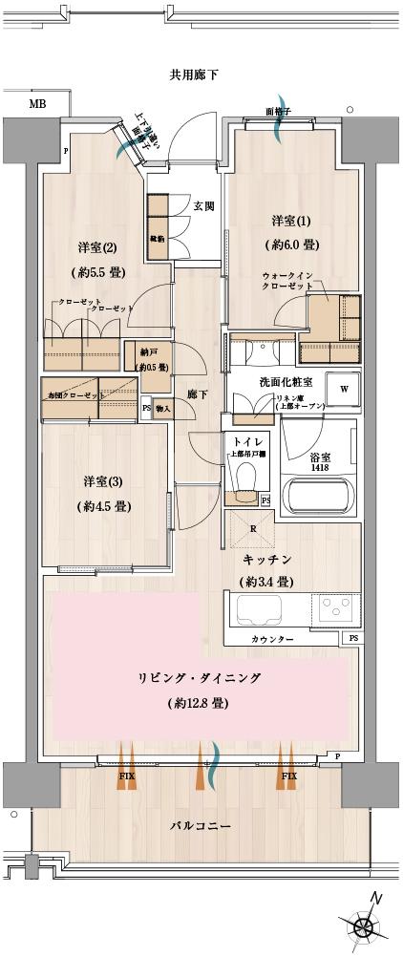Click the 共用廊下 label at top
point(195,74)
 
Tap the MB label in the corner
point(36,104)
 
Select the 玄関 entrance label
point(203,205)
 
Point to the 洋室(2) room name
point(96,248)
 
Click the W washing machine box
point(342,390)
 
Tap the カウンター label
point(272,638)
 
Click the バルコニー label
point(200,825)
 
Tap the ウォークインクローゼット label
point(286,281)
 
